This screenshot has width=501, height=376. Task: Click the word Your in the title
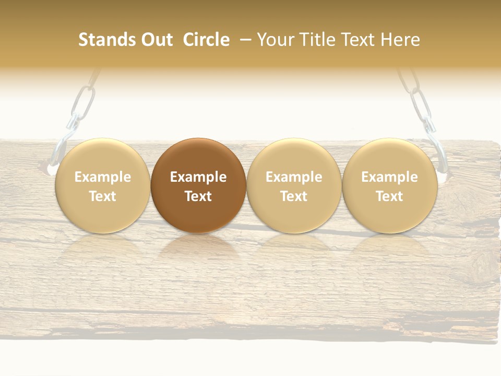coord(275,40)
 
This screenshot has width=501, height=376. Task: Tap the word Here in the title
coord(401,40)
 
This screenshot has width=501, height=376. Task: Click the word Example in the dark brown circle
coord(198,177)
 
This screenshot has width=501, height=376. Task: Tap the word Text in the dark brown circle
coord(198,196)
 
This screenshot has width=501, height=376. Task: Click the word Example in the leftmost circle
coord(103,177)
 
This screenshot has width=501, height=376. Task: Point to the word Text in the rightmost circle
coord(389,196)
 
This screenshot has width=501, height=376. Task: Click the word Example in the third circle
coord(294,177)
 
